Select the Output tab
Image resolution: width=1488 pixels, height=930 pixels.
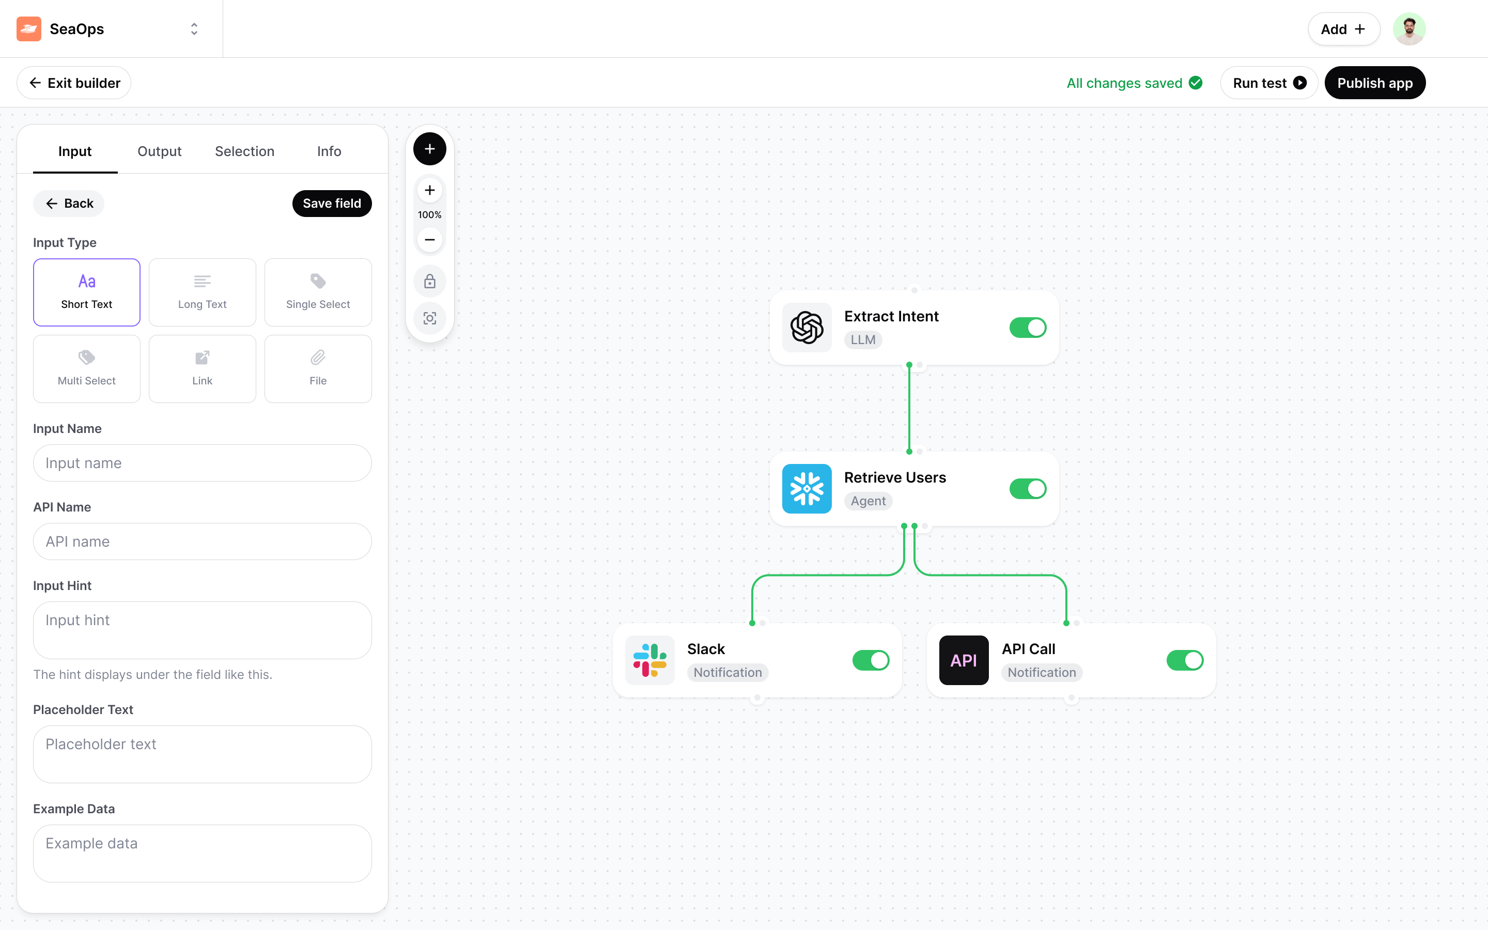pyautogui.click(x=159, y=151)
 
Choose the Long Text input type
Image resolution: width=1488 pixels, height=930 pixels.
pyautogui.click(x=203, y=292)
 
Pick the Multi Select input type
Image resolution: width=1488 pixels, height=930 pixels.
pyautogui.click(x=87, y=368)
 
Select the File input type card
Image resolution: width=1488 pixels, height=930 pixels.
pyautogui.click(x=318, y=368)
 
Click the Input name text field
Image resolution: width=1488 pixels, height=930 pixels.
pyautogui.click(x=203, y=463)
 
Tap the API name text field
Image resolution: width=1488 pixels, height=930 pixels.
pyautogui.click(x=203, y=541)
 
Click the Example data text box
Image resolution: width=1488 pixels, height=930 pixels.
pyautogui.click(x=203, y=853)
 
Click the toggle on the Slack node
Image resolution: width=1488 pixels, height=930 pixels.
pyautogui.click(x=871, y=660)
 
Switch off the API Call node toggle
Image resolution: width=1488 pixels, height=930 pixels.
pyautogui.click(x=1185, y=660)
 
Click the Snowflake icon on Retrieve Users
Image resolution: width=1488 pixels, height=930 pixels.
pyautogui.click(x=807, y=489)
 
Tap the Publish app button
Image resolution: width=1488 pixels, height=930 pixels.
pyautogui.click(x=1375, y=83)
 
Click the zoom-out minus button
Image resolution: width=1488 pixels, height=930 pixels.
pyautogui.click(x=430, y=239)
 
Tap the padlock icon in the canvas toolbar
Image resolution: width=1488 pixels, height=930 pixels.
pyautogui.click(x=430, y=281)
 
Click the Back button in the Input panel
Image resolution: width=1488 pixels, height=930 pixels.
pyautogui.click(x=69, y=204)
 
